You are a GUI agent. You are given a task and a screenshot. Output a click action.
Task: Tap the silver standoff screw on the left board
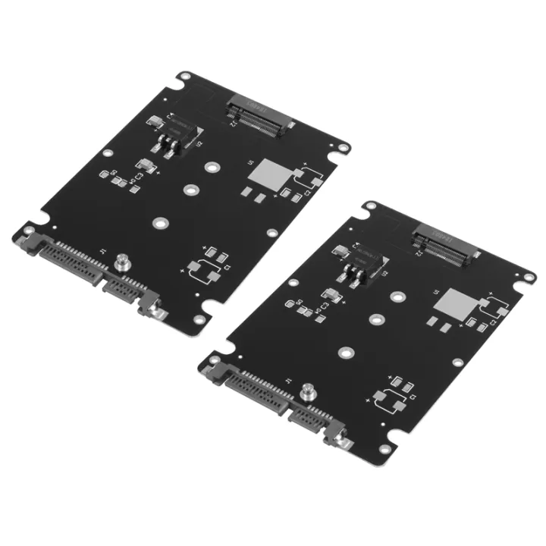coord(119,265)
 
